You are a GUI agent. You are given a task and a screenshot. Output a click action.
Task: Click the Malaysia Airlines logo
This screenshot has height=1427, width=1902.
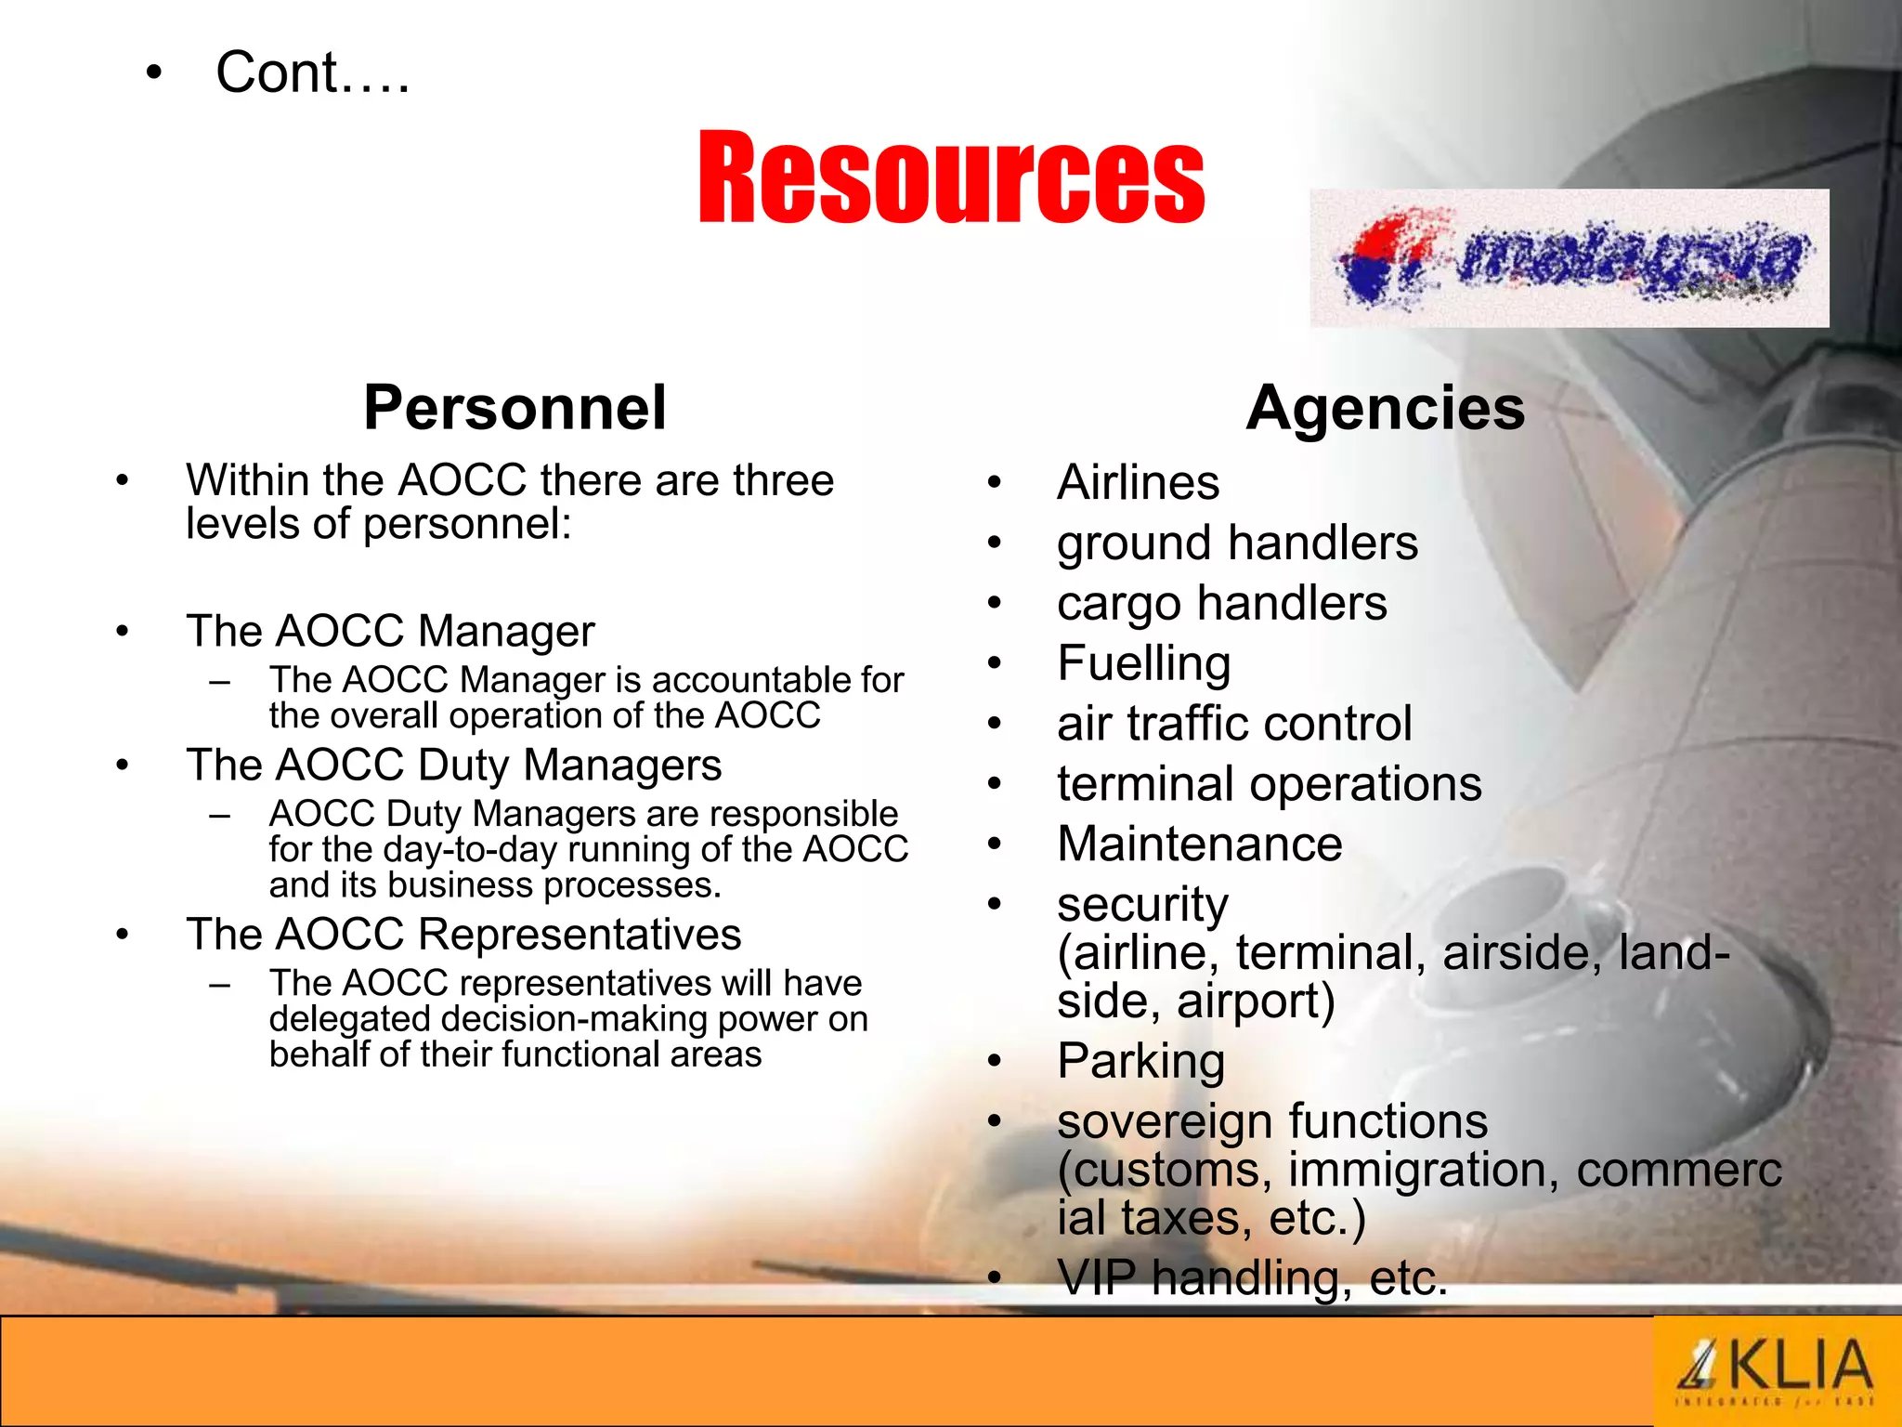tap(1570, 258)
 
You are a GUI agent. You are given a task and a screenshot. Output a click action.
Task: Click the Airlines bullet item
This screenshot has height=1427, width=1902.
tap(1138, 482)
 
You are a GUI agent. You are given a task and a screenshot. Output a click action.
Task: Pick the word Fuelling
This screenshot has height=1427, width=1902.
tap(1143, 663)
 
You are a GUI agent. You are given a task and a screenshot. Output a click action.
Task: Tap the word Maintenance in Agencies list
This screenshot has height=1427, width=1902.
tap(1199, 844)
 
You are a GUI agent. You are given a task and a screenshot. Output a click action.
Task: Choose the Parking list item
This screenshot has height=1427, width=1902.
tap(1140, 1060)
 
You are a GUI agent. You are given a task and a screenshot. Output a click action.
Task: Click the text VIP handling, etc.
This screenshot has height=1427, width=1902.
tap(1252, 1277)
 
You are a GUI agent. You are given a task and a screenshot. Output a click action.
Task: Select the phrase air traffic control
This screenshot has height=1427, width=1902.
tap(1234, 724)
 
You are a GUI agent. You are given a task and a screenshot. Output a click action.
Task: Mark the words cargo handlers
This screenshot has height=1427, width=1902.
tap(1221, 603)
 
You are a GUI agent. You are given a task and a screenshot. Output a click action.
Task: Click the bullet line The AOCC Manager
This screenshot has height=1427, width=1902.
tap(390, 631)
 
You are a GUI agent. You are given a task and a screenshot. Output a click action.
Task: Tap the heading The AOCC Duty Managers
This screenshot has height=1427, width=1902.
tap(453, 765)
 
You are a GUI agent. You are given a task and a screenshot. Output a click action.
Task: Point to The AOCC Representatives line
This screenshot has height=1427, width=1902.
tap(463, 934)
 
